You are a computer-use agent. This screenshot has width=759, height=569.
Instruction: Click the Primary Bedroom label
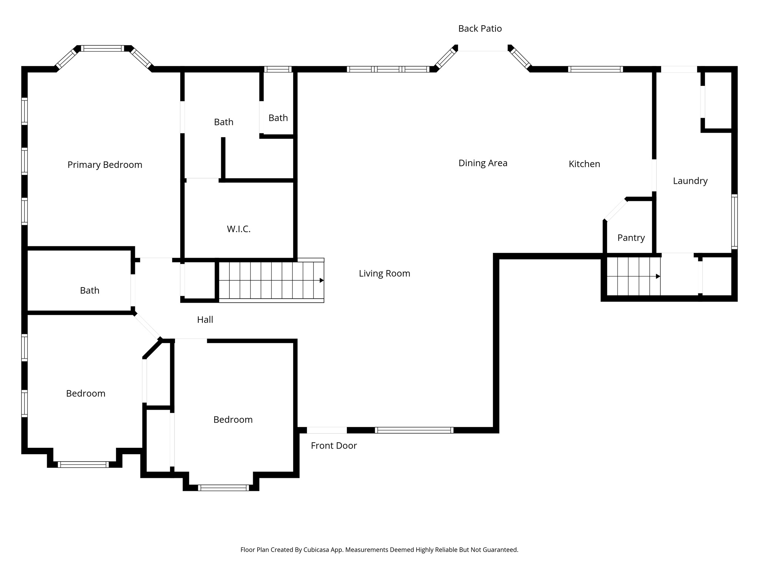(105, 165)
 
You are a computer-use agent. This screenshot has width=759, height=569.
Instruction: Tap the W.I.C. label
(239, 229)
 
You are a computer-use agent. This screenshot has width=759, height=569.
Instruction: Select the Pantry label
(631, 238)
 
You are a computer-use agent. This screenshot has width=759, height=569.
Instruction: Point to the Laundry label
(690, 181)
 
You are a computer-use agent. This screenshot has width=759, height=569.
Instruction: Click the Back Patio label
(480, 29)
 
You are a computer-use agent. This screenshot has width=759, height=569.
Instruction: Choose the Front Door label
(334, 446)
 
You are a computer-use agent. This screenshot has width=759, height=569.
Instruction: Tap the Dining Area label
(483, 163)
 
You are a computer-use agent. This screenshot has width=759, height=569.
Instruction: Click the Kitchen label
(584, 164)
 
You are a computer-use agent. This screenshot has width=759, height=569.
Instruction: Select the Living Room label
(384, 273)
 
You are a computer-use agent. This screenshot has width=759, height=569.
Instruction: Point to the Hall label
(205, 320)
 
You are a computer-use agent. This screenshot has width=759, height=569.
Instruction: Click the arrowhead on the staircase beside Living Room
(322, 280)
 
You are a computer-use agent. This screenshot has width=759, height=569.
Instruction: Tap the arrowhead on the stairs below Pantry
(658, 276)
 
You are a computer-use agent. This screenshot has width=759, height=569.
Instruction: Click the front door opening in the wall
(327, 430)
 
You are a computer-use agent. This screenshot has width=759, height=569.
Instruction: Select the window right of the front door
(414, 430)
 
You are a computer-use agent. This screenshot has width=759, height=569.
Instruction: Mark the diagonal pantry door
(616, 210)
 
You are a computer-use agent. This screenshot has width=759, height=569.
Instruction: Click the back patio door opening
(483, 49)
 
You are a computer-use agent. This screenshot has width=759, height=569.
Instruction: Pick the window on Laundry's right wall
(734, 222)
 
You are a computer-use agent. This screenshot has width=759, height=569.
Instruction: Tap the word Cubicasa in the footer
(316, 550)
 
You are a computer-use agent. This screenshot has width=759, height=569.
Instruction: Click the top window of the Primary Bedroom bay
(102, 49)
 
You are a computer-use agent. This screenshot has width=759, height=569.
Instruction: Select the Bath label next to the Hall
(90, 290)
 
